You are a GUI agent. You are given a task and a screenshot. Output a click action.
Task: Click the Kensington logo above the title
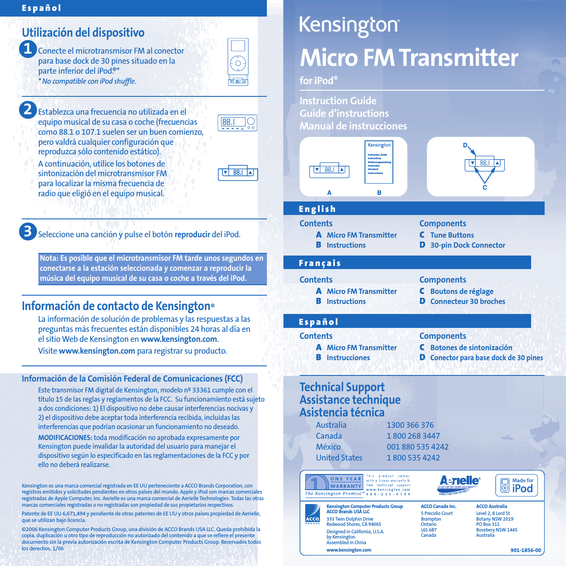[x=349, y=26]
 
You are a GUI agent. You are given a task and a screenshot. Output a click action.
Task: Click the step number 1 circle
[x=28, y=48]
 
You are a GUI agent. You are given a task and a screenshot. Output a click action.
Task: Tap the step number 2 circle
[x=28, y=109]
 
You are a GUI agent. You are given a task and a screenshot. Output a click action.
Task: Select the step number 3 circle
[x=28, y=231]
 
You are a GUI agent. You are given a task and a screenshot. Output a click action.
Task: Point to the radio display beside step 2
[x=237, y=123]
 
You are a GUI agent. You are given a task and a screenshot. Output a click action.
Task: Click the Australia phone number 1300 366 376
[x=410, y=425]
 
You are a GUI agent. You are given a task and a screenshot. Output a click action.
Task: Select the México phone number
[x=417, y=447]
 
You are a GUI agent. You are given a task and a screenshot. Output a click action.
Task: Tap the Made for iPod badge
[x=517, y=485]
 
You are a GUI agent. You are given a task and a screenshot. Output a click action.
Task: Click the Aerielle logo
[x=459, y=484]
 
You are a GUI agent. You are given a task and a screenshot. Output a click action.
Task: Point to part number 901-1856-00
[x=525, y=550]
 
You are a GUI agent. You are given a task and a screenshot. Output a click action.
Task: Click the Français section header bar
[x=407, y=263]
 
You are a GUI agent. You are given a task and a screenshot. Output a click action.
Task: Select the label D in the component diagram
[x=465, y=146]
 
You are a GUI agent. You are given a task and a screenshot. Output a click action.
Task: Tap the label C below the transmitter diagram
[x=484, y=188]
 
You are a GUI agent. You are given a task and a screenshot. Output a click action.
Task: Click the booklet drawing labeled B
[x=379, y=162]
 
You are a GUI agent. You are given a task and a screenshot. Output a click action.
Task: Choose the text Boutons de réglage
[x=461, y=291]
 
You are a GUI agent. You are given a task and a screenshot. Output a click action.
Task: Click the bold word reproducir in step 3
[x=192, y=235]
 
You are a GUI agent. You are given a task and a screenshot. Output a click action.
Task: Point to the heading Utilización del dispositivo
[x=83, y=33]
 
